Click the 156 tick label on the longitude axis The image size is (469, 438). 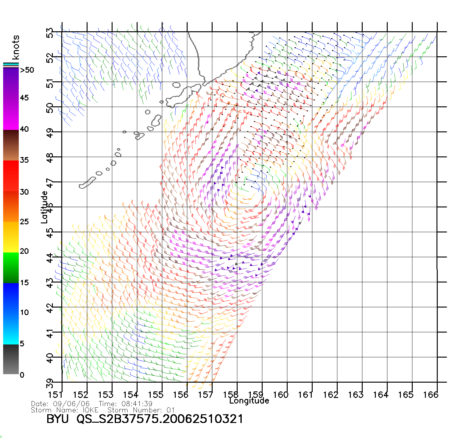(x=181, y=395)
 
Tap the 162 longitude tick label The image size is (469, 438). (x=331, y=395)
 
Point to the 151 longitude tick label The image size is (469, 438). (x=56, y=395)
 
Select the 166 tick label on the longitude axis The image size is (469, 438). (x=431, y=395)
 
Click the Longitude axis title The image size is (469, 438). (x=249, y=401)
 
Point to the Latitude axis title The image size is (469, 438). (x=44, y=207)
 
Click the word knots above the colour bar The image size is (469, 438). (x=16, y=47)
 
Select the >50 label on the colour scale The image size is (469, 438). (x=27, y=70)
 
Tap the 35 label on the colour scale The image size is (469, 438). (x=24, y=160)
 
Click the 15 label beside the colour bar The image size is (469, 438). (x=24, y=283)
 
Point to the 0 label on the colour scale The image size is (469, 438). (x=22, y=375)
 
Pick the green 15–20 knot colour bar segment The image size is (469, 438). (x=11, y=267)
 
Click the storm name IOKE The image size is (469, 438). (x=90, y=410)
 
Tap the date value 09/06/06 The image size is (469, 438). (x=72, y=404)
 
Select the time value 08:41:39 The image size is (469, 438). (x=135, y=404)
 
